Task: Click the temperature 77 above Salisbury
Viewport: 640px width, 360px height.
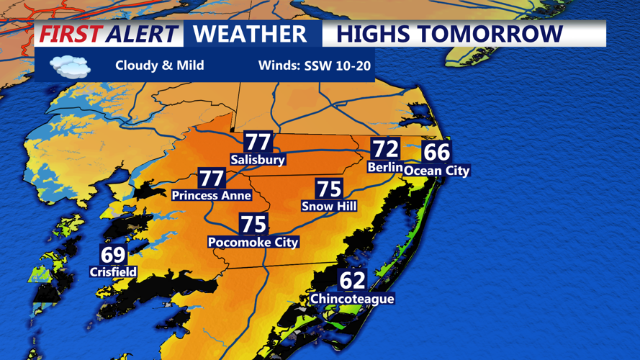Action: (258, 142)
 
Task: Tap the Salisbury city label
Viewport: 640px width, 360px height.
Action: (258, 159)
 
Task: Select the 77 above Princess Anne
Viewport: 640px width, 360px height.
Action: (212, 178)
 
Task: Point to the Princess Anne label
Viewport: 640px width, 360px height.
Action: (212, 195)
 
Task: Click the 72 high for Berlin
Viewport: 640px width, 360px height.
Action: (385, 149)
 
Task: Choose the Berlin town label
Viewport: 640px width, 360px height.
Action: (384, 167)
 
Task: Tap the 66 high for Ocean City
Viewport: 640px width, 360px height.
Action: (436, 152)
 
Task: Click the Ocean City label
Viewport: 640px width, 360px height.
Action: (436, 171)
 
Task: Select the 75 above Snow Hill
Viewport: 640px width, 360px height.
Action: (329, 189)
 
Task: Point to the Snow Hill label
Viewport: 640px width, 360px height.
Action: (329, 206)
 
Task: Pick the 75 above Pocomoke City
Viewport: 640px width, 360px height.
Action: (253, 224)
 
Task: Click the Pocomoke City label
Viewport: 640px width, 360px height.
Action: (253, 242)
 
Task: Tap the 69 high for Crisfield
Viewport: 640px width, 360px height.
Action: (113, 254)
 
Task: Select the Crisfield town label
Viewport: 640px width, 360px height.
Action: (113, 271)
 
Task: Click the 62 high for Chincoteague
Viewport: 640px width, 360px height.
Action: (353, 279)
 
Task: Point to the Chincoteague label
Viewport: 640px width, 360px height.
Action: (352, 298)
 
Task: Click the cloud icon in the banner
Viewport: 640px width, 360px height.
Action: (70, 67)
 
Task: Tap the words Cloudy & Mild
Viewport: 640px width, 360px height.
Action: (159, 66)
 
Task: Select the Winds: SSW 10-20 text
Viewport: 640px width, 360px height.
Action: (315, 66)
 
